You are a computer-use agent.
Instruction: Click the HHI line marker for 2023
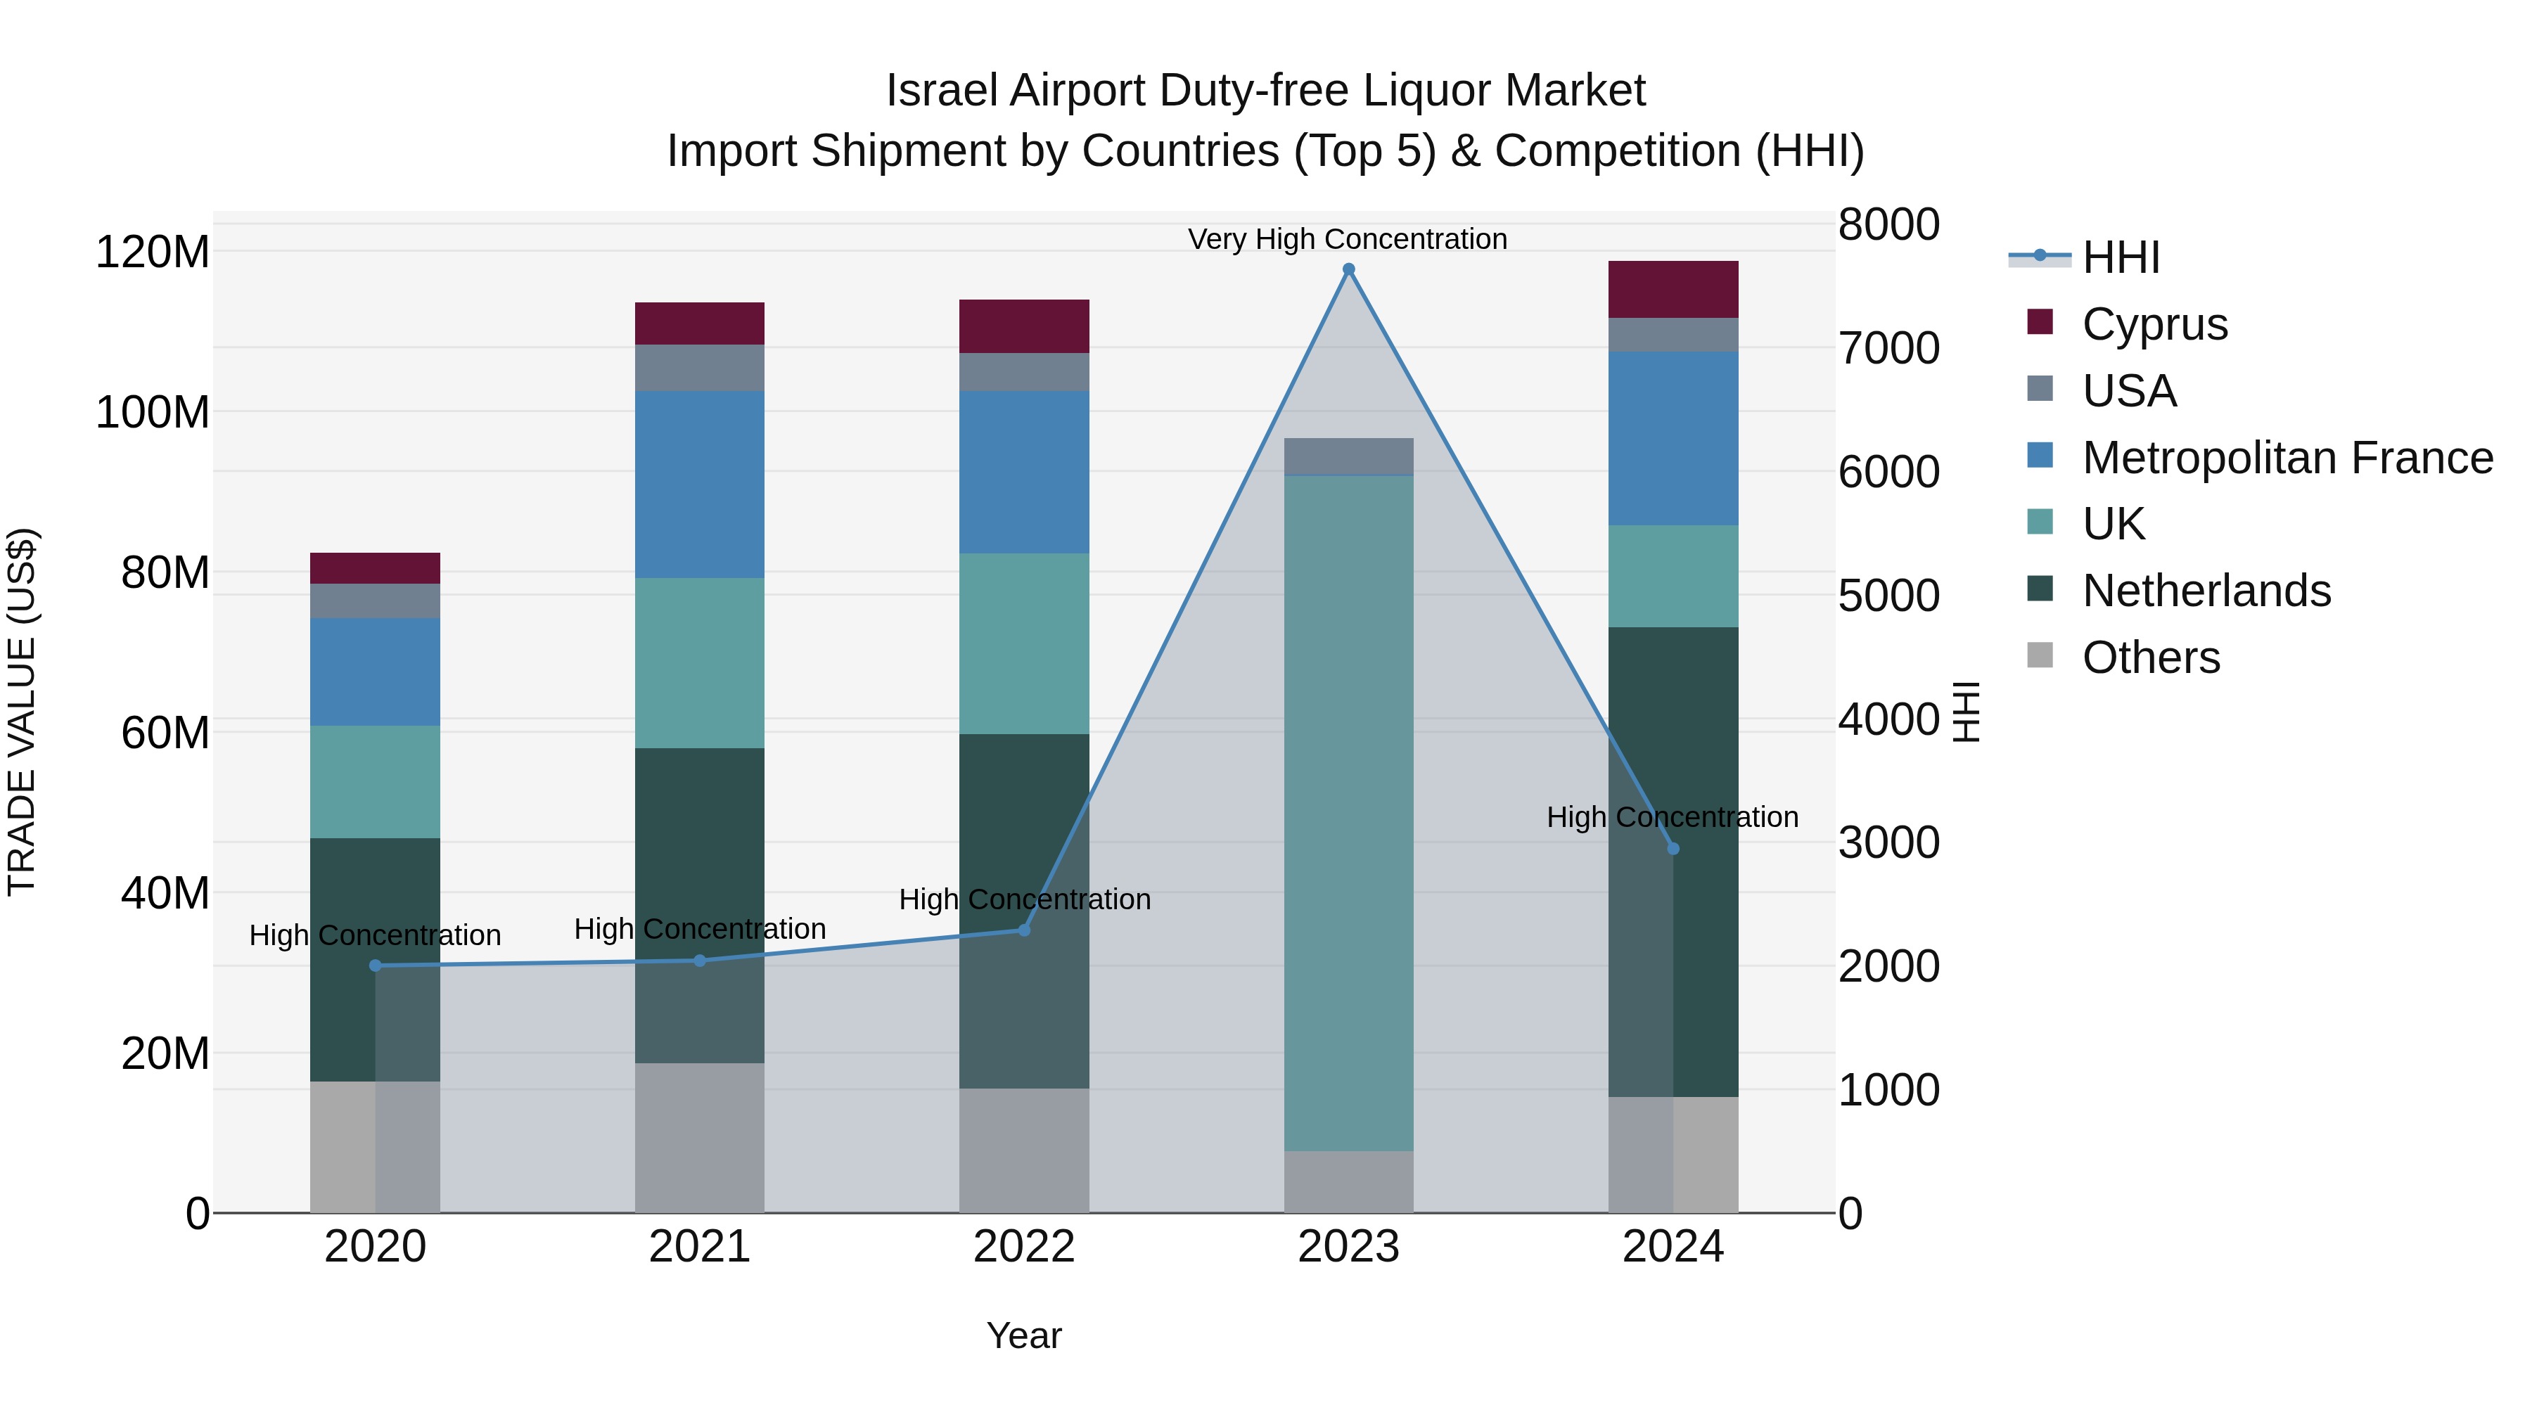1348,269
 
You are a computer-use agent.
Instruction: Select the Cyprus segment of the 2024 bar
1673,289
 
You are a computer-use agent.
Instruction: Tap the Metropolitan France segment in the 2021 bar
699,484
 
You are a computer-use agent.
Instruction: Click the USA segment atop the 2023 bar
1348,456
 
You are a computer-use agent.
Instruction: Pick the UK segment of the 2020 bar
374,781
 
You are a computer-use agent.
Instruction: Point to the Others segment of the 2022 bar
1024,1150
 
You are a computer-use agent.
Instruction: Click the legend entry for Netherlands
2206,591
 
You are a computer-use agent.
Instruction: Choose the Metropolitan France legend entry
2287,458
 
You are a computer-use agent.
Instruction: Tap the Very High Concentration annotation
1347,239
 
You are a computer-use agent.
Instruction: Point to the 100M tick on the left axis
153,412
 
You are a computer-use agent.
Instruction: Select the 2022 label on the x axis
1024,1247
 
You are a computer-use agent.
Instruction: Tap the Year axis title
1023,1335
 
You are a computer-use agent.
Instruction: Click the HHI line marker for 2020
374,965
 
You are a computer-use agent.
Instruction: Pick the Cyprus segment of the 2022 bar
1024,326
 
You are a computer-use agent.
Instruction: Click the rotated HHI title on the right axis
1965,712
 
